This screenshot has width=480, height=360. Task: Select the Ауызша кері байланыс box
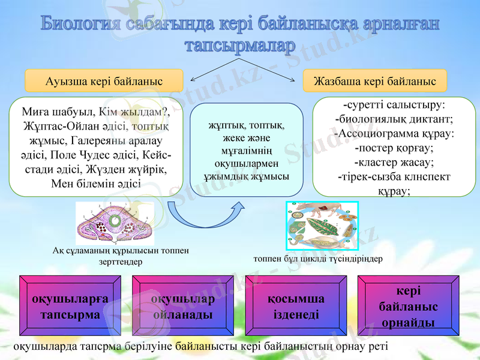[x=104, y=80]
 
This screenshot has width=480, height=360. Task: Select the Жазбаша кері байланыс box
[x=375, y=80]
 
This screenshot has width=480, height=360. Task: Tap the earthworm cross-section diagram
[x=115, y=223]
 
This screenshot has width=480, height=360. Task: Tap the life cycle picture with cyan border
[x=322, y=226]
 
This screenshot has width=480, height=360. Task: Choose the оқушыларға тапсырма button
[x=70, y=306]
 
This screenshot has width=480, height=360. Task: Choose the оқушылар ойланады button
[x=183, y=306]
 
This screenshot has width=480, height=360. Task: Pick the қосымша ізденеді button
[x=296, y=306]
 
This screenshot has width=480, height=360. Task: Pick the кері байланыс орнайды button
[x=408, y=306]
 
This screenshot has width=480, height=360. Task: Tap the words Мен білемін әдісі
[x=96, y=184]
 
